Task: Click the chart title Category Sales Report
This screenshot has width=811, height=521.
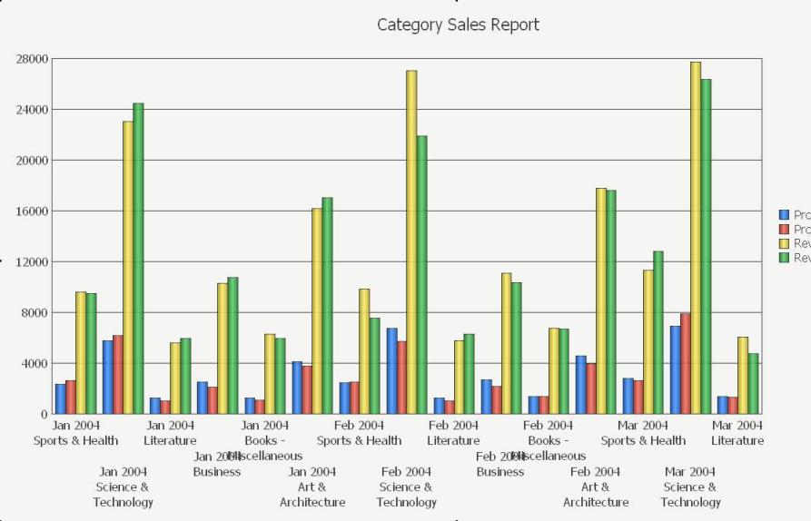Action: click(458, 25)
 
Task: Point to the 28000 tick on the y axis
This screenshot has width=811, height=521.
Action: click(32, 59)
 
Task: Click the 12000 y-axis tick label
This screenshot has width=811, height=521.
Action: click(32, 262)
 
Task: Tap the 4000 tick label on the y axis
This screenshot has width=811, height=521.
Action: click(35, 364)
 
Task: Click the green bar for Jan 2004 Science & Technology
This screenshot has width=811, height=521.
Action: click(138, 259)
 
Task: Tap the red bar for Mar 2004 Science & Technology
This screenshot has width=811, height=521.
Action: click(686, 363)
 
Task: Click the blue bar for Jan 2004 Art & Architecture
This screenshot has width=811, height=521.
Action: click(297, 388)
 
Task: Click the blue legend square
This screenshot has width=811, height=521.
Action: click(785, 215)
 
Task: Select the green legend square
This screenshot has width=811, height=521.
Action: click(785, 259)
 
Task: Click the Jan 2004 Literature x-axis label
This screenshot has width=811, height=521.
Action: click(170, 433)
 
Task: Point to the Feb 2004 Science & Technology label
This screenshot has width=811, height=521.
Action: click(406, 487)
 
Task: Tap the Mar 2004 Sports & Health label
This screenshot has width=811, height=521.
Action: click(643, 433)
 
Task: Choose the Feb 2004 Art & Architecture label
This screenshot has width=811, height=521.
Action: click(596, 487)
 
